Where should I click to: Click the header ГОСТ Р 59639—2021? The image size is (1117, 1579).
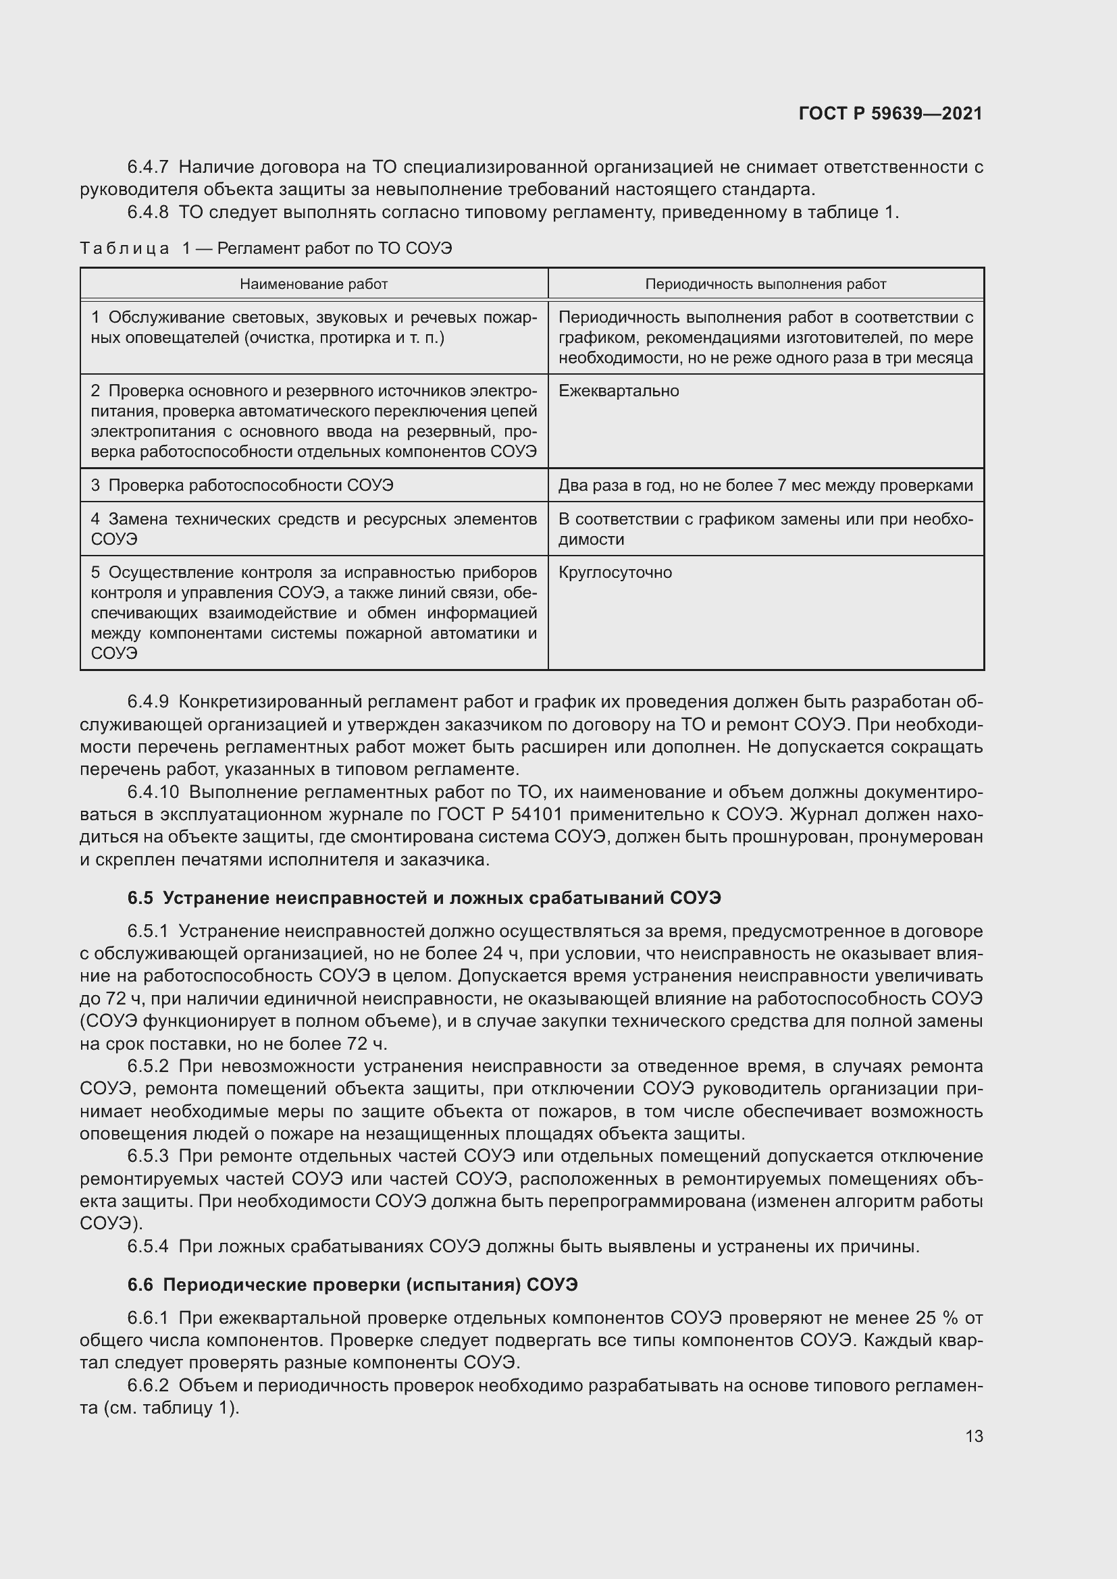tap(890, 113)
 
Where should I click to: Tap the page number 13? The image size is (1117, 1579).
tap(974, 1436)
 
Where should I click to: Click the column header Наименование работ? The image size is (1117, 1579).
tap(313, 284)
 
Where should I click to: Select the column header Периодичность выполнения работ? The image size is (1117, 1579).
tap(765, 284)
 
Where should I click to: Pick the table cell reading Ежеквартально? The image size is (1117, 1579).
tap(619, 392)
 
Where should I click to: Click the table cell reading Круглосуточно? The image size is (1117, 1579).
tap(615, 573)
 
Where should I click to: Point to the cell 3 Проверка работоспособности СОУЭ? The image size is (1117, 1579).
tap(242, 485)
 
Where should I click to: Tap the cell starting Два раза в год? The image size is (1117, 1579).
tap(765, 485)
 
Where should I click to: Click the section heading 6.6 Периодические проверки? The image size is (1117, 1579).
tap(353, 1285)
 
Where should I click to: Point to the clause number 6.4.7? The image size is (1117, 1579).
tap(148, 167)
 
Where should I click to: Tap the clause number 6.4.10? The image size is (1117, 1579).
tap(153, 793)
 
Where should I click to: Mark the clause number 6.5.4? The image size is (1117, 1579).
tap(148, 1246)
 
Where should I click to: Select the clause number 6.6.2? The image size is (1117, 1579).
tap(148, 1386)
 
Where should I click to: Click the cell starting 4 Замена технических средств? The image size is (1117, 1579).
tap(313, 528)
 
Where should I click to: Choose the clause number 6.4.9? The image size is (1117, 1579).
tap(148, 702)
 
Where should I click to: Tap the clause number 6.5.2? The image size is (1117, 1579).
tap(148, 1067)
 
